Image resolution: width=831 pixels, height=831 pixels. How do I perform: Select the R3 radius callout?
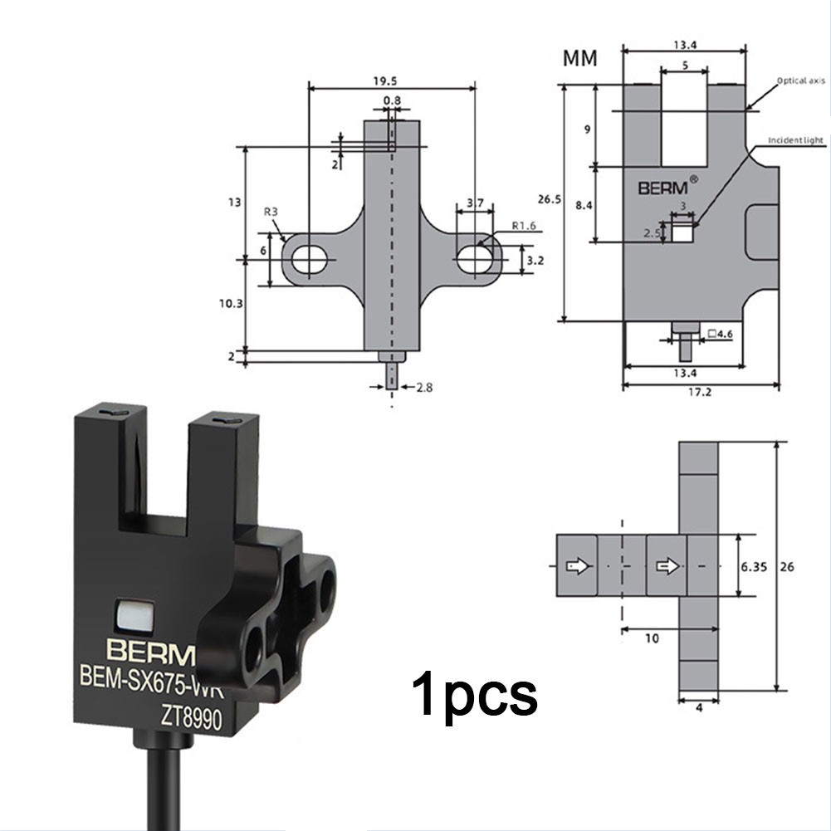[271, 213]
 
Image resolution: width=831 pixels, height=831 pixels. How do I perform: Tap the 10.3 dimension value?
[231, 304]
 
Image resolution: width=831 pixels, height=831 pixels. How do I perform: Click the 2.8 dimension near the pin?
[425, 387]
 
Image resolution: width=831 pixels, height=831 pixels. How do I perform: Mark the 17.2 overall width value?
[700, 393]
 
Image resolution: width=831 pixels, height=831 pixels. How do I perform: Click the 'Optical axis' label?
[800, 81]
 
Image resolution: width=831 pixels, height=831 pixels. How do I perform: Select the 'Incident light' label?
[796, 140]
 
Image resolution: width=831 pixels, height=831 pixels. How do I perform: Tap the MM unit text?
[582, 59]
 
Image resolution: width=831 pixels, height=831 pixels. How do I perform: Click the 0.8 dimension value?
[391, 100]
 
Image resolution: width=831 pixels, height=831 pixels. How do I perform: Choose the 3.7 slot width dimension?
[475, 203]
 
